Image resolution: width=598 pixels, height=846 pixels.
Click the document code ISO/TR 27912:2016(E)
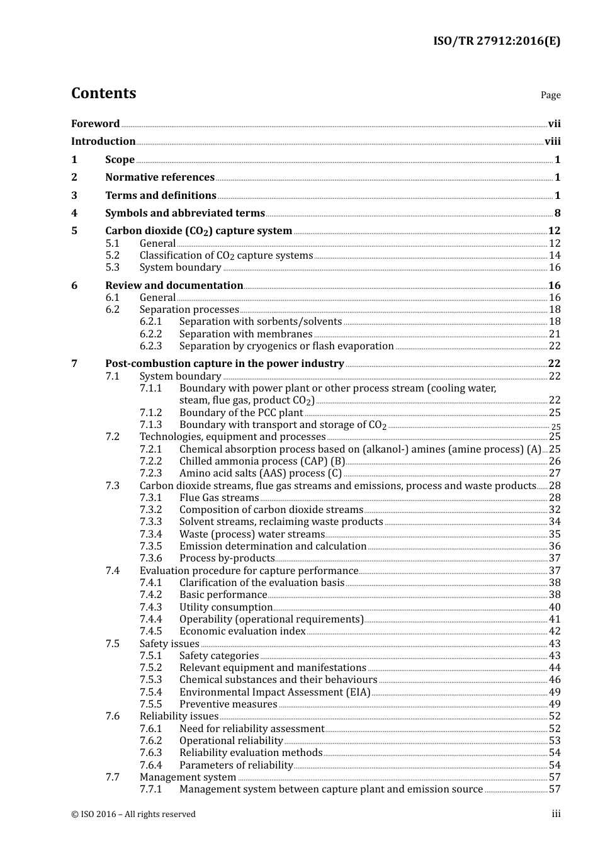496,42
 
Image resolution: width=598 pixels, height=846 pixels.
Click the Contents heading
103,93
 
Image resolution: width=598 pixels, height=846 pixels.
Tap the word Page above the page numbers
550,95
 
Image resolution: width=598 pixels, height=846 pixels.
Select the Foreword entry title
95,124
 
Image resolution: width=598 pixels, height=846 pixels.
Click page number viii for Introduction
552,142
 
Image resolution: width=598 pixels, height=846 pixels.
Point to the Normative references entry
160,178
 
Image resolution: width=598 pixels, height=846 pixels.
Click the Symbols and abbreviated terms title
185,213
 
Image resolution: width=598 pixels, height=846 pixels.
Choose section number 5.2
112,256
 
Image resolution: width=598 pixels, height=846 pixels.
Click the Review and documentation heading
174,286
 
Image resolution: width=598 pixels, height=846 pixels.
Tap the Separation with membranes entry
245,334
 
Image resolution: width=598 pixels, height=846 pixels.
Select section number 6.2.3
150,346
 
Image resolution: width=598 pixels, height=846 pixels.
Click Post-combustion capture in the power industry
224,364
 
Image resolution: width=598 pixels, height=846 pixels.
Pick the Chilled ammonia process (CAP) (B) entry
262,461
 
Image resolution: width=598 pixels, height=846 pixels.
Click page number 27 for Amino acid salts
555,473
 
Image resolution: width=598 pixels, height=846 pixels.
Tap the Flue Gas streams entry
219,498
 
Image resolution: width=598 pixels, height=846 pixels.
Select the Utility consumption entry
226,607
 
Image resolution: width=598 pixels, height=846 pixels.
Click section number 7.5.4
150,692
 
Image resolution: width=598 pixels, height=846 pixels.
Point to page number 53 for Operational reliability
555,741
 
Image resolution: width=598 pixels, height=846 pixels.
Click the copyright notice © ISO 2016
133,815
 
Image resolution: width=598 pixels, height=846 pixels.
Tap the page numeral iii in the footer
556,814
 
